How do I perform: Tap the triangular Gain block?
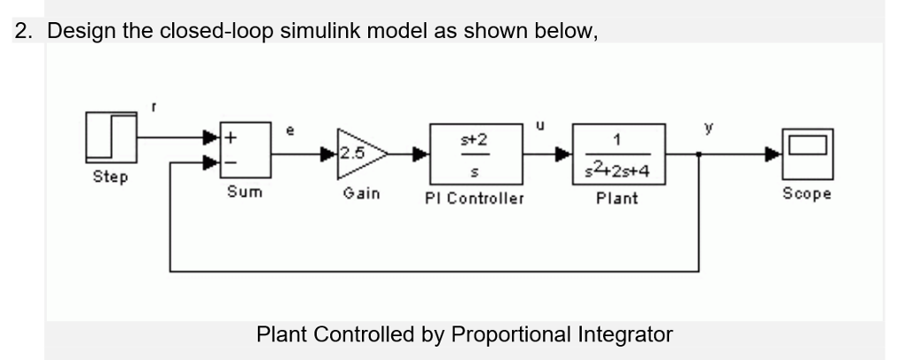355,152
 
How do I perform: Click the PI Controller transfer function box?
474,152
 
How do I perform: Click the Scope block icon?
806,151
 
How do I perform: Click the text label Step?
110,177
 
